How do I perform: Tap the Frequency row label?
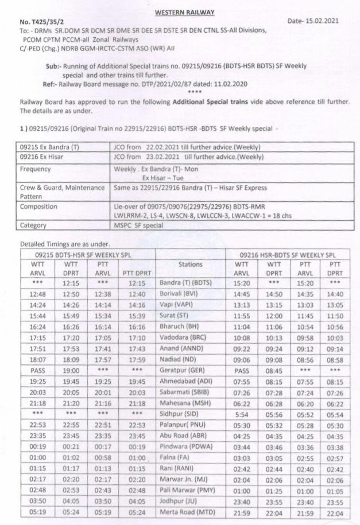click(x=36, y=170)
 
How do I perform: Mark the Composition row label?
click(x=39, y=206)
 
